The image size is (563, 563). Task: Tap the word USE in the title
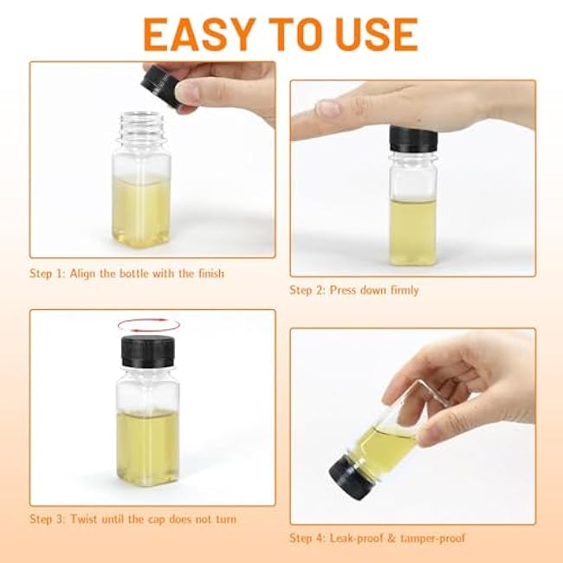pos(377,35)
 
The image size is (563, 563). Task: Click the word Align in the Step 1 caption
pos(83,274)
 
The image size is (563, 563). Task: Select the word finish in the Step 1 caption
pos(211,274)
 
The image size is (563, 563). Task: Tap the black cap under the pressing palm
pos(413,139)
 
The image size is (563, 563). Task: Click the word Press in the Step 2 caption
pos(343,290)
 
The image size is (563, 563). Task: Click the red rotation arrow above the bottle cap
pos(149,326)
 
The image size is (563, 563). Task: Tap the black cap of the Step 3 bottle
pos(147,352)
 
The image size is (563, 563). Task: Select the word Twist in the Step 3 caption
pos(84,519)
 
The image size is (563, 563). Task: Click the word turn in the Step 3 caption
pos(226,520)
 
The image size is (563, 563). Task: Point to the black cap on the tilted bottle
pos(351,476)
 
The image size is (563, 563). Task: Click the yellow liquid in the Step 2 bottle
pos(413,231)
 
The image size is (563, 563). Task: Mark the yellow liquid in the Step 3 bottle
pos(147,447)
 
